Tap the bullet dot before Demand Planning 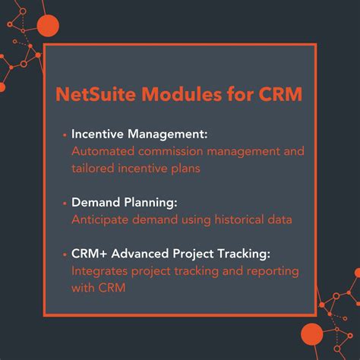click(x=65, y=203)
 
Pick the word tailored click(x=94, y=168)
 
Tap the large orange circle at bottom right click(x=312, y=333)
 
